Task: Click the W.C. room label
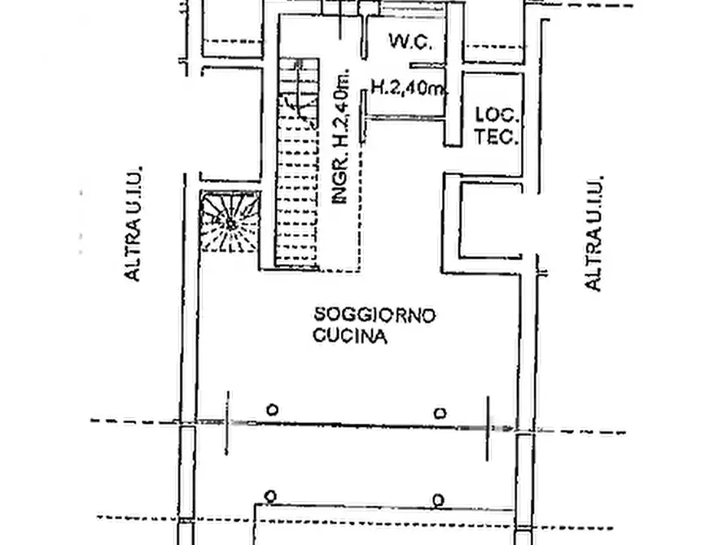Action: (411, 41)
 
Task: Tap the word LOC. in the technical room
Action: (496, 115)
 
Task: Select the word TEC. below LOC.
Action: (496, 137)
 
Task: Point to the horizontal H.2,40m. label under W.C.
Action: (407, 87)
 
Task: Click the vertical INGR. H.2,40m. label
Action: (341, 137)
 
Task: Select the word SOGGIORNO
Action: (374, 315)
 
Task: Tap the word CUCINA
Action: (350, 336)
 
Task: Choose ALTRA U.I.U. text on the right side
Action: (593, 233)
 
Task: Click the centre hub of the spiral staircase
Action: (230, 225)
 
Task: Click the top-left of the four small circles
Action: (273, 410)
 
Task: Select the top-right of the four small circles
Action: (440, 413)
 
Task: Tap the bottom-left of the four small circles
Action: (271, 497)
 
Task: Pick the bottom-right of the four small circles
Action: (438, 500)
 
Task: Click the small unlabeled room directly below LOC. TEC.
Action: (492, 220)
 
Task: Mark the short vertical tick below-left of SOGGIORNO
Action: (227, 424)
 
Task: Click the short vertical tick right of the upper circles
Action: (488, 429)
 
